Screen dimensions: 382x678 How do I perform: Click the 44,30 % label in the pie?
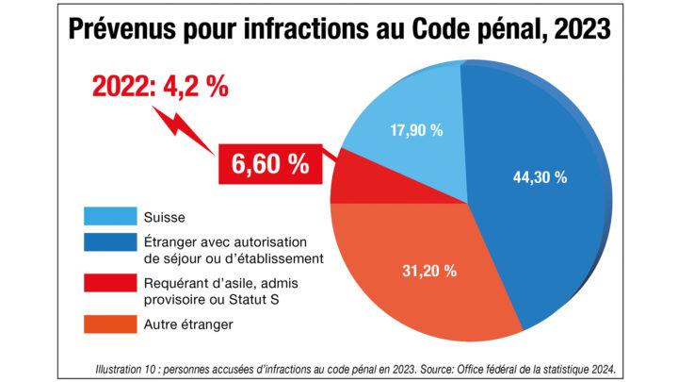pos(540,176)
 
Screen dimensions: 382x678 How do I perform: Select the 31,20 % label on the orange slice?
pos(429,271)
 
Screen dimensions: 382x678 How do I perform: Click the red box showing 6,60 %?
pos(270,164)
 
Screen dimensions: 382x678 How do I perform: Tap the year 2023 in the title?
pos(584,30)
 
